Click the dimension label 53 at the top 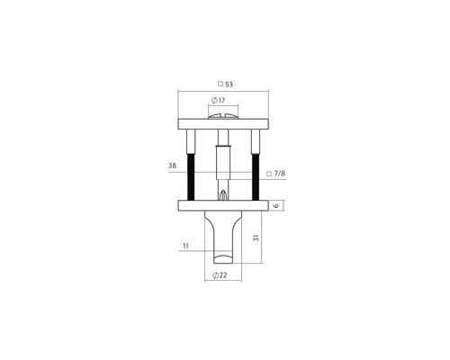pyautogui.click(x=229, y=83)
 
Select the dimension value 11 pyautogui.click(x=184, y=246)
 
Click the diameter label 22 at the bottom pyautogui.click(x=221, y=275)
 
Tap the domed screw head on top pyautogui.click(x=224, y=114)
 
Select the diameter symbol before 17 pyautogui.click(x=213, y=101)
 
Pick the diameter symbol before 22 pyautogui.click(x=213, y=275)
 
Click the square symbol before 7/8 pyautogui.click(x=270, y=173)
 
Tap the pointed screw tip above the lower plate pyautogui.click(x=223, y=193)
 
